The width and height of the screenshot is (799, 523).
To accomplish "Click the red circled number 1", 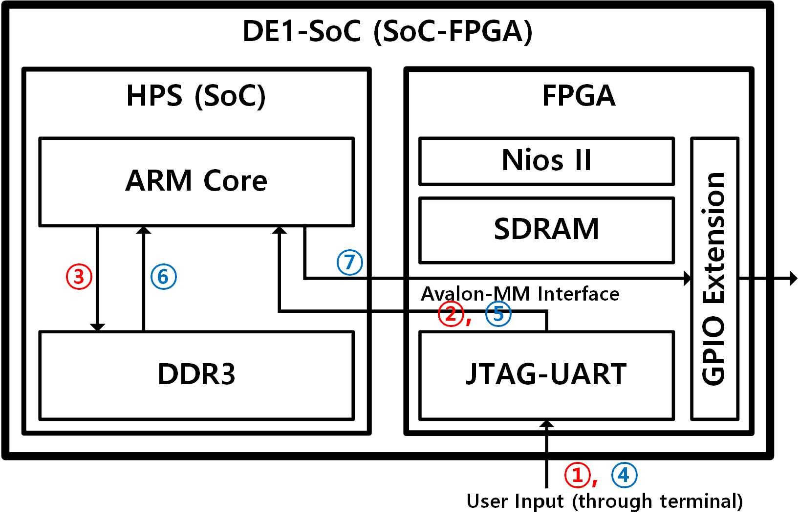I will (x=578, y=475).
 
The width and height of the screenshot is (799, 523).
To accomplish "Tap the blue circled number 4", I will (x=624, y=475).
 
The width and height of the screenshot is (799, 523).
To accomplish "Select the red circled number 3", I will (x=79, y=277).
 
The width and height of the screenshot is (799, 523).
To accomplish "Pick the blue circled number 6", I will (x=163, y=277).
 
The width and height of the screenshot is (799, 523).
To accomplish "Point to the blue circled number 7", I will (x=349, y=262).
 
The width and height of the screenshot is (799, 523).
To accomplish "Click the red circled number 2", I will (x=450, y=314).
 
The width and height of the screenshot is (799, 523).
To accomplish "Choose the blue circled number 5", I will (x=498, y=314).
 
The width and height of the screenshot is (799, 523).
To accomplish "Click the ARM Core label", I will (x=196, y=181).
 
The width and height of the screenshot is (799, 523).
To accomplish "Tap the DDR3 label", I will (x=196, y=374).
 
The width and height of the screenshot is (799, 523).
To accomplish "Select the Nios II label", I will (x=546, y=160).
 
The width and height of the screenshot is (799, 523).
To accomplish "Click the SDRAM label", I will (x=546, y=229).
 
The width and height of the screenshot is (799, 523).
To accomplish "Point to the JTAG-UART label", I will (x=546, y=374).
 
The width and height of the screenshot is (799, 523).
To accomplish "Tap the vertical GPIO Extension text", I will (x=713, y=279).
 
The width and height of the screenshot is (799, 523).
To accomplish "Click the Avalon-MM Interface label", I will (x=520, y=294).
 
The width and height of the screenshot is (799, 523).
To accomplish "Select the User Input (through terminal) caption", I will (x=605, y=501).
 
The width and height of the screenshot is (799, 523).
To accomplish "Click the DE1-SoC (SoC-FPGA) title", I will (x=388, y=32).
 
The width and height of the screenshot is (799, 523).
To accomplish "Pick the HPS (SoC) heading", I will (x=196, y=96).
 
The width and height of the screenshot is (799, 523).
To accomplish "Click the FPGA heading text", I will (x=579, y=96).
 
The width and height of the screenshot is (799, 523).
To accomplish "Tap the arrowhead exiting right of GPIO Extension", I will (x=793, y=279).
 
